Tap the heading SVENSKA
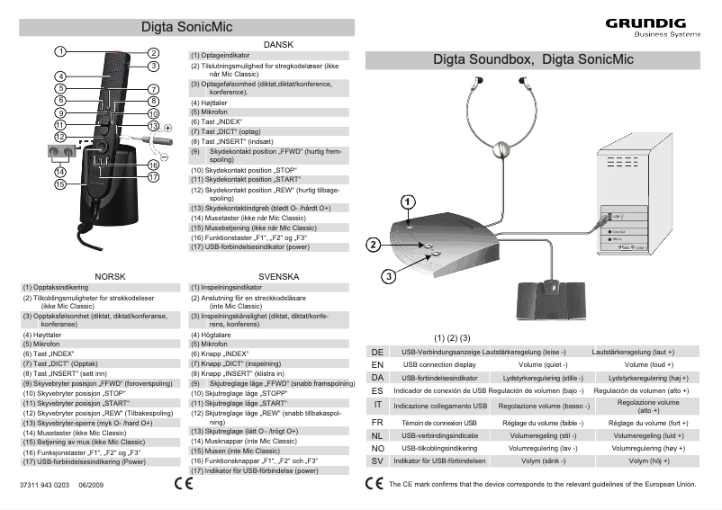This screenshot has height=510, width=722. pyautogui.click(x=277, y=276)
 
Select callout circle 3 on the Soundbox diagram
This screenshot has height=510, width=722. pyautogui.click(x=388, y=275)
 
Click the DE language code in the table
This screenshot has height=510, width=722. pyautogui.click(x=378, y=351)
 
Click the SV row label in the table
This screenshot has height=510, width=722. pyautogui.click(x=378, y=461)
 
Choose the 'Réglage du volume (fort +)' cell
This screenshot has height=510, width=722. pyautogui.click(x=643, y=421)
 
